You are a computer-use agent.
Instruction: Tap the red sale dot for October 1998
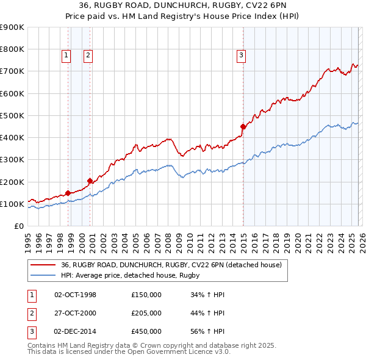pos(68,193)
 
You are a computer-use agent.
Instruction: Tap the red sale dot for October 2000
pos(90,181)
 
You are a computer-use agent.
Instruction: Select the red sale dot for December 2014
pos(243,126)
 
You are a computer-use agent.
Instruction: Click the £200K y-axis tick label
pos(12,182)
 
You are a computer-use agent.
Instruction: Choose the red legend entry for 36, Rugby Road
pos(171,265)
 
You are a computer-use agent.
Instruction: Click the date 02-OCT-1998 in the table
pos(75,295)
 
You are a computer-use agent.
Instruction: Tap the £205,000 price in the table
pos(146,313)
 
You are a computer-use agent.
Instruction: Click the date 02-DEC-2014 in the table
pos(75,331)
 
